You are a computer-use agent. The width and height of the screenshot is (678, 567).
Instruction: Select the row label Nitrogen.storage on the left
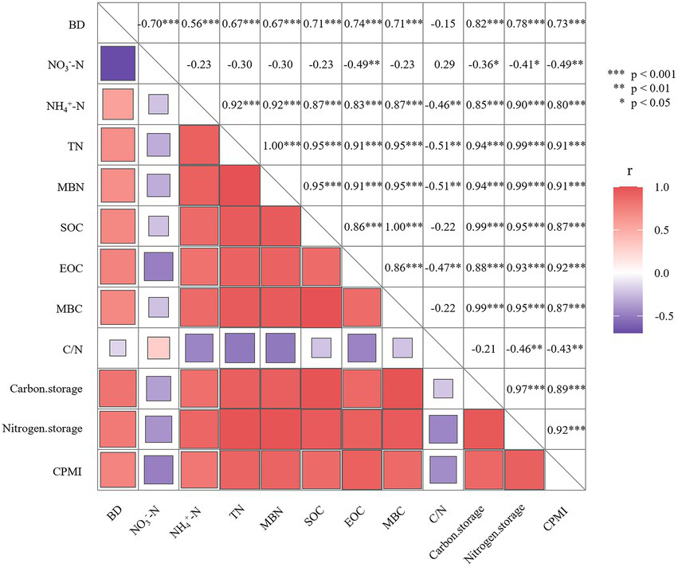coord(57,429)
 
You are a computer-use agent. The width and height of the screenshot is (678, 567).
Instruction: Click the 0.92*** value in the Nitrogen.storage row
coord(564,429)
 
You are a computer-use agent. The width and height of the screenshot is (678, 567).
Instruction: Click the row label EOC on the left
coord(74,267)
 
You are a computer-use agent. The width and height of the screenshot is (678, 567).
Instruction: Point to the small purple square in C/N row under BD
coord(118,348)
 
